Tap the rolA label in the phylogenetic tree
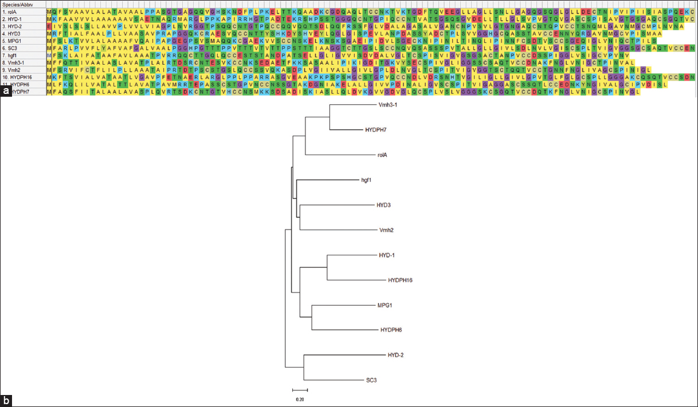pos(382,155)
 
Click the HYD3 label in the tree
pos(383,205)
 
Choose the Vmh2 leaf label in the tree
pos(386,230)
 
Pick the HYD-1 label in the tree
pos(387,255)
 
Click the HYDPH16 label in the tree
pos(400,280)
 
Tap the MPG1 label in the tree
pos(385,305)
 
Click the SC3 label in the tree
pos(372,380)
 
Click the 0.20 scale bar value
pos(300,399)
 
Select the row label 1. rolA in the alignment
pos(9,11)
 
